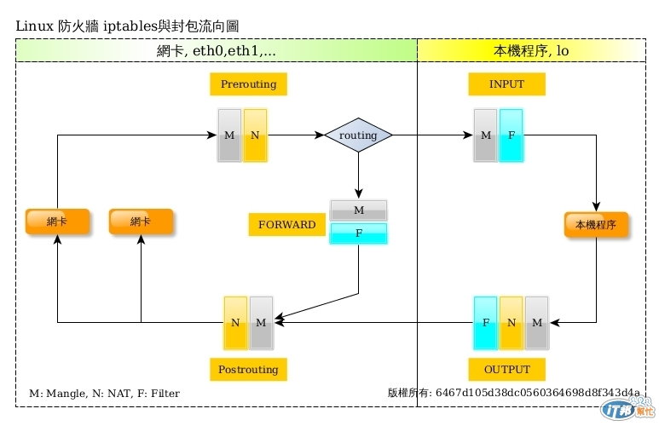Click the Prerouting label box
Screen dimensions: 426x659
(248, 84)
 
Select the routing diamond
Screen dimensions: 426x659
(358, 135)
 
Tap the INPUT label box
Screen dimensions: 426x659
(507, 84)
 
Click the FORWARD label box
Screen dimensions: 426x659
(286, 225)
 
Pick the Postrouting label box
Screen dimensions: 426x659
(248, 370)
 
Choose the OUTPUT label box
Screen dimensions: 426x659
(507, 370)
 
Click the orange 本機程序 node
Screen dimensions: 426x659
(596, 225)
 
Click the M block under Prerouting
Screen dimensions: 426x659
(229, 135)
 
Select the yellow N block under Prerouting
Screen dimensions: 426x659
(255, 135)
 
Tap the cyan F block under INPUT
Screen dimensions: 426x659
(512, 135)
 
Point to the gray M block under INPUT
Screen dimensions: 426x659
(486, 135)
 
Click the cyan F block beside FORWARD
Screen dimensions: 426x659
(358, 233)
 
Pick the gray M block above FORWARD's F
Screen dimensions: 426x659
(358, 210)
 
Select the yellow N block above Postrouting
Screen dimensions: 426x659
(235, 322)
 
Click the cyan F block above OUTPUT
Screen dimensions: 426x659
(485, 322)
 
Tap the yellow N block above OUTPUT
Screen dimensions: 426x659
(511, 322)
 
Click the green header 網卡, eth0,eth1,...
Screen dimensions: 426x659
(217, 51)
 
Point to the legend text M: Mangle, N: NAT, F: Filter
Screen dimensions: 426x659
(104, 393)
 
